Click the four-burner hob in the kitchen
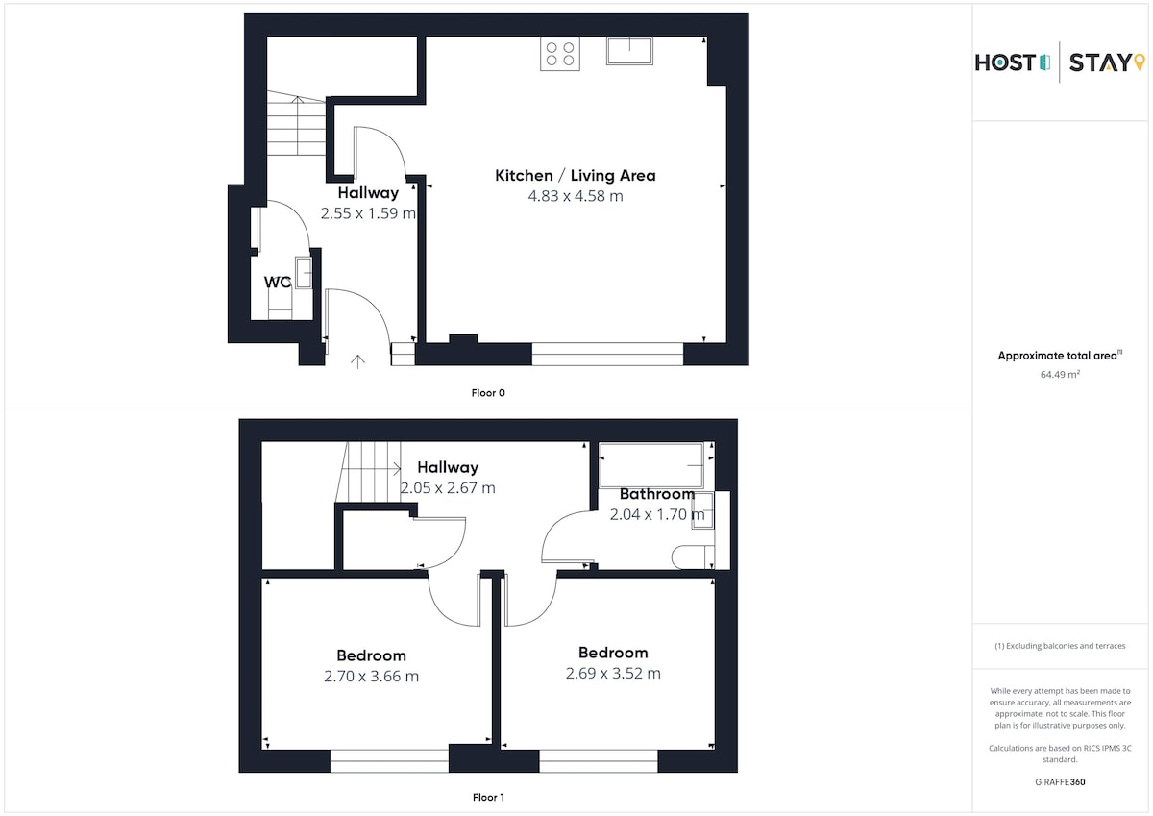pyautogui.click(x=560, y=54)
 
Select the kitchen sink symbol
pyautogui.click(x=629, y=51)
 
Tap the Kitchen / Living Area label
pyautogui.click(x=576, y=176)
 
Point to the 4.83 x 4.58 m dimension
pyautogui.click(x=576, y=196)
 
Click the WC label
pyautogui.click(x=278, y=283)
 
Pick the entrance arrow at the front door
pyautogui.click(x=357, y=361)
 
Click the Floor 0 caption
pyautogui.click(x=488, y=393)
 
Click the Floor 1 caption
pyautogui.click(x=488, y=797)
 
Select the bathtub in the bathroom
pyautogui.click(x=651, y=465)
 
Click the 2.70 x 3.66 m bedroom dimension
pyautogui.click(x=371, y=676)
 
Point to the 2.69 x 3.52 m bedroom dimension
pyautogui.click(x=613, y=674)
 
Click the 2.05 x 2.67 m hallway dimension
pyautogui.click(x=448, y=487)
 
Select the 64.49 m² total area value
pyautogui.click(x=1060, y=374)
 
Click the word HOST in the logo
pyautogui.click(x=1005, y=62)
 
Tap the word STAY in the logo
pyautogui.click(x=1099, y=62)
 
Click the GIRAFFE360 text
pyautogui.click(x=1060, y=782)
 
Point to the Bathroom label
pyautogui.click(x=657, y=494)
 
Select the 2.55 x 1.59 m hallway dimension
pyautogui.click(x=368, y=213)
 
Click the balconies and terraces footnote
pyautogui.click(x=1060, y=646)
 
